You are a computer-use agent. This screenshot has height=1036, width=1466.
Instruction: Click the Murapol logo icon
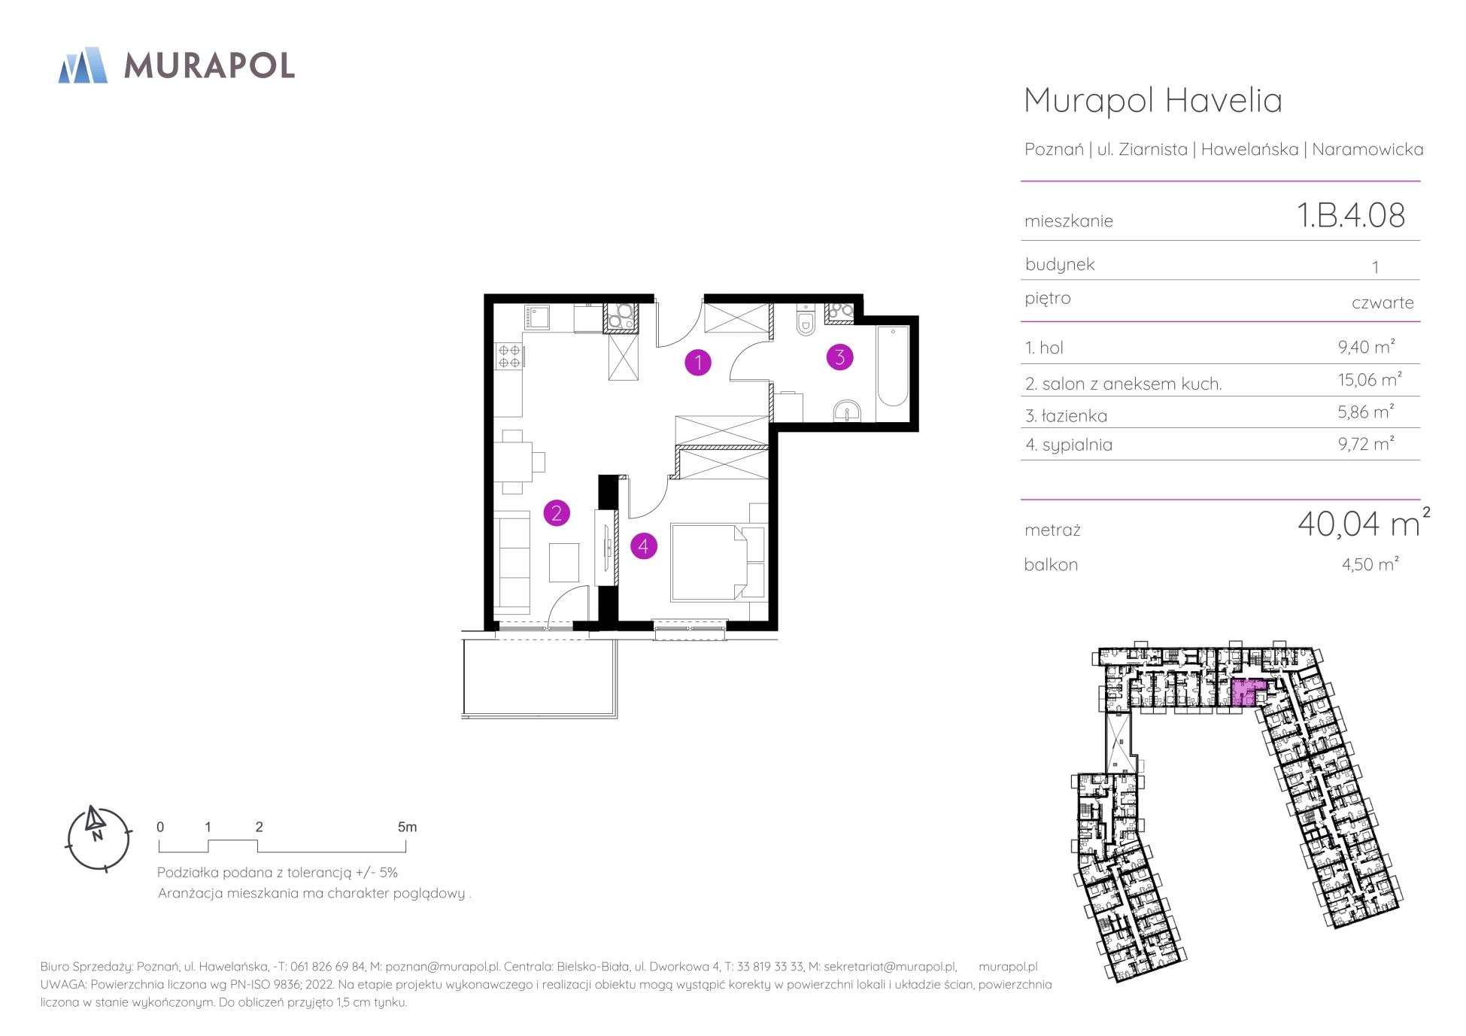[x=83, y=65]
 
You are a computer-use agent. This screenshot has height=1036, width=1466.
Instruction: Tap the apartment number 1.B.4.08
[x=1351, y=216]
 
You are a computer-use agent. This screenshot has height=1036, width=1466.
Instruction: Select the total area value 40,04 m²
[x=1364, y=523]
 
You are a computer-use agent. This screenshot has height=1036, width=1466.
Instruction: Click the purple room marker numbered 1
[x=698, y=363]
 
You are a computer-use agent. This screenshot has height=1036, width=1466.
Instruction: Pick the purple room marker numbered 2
[x=557, y=513]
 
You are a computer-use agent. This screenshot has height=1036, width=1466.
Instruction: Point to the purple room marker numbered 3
[x=839, y=357]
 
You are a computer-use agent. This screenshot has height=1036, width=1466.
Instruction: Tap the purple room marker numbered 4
[x=643, y=545]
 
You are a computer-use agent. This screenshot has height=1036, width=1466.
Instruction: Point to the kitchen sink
[x=537, y=318]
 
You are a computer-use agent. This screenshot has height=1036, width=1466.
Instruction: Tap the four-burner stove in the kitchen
[x=509, y=355]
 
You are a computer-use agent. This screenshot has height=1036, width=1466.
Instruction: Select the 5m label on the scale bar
[x=407, y=827]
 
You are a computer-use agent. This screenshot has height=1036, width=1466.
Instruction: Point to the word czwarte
[x=1383, y=302]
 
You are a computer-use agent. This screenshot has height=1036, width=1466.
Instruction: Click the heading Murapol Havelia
[x=1153, y=100]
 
